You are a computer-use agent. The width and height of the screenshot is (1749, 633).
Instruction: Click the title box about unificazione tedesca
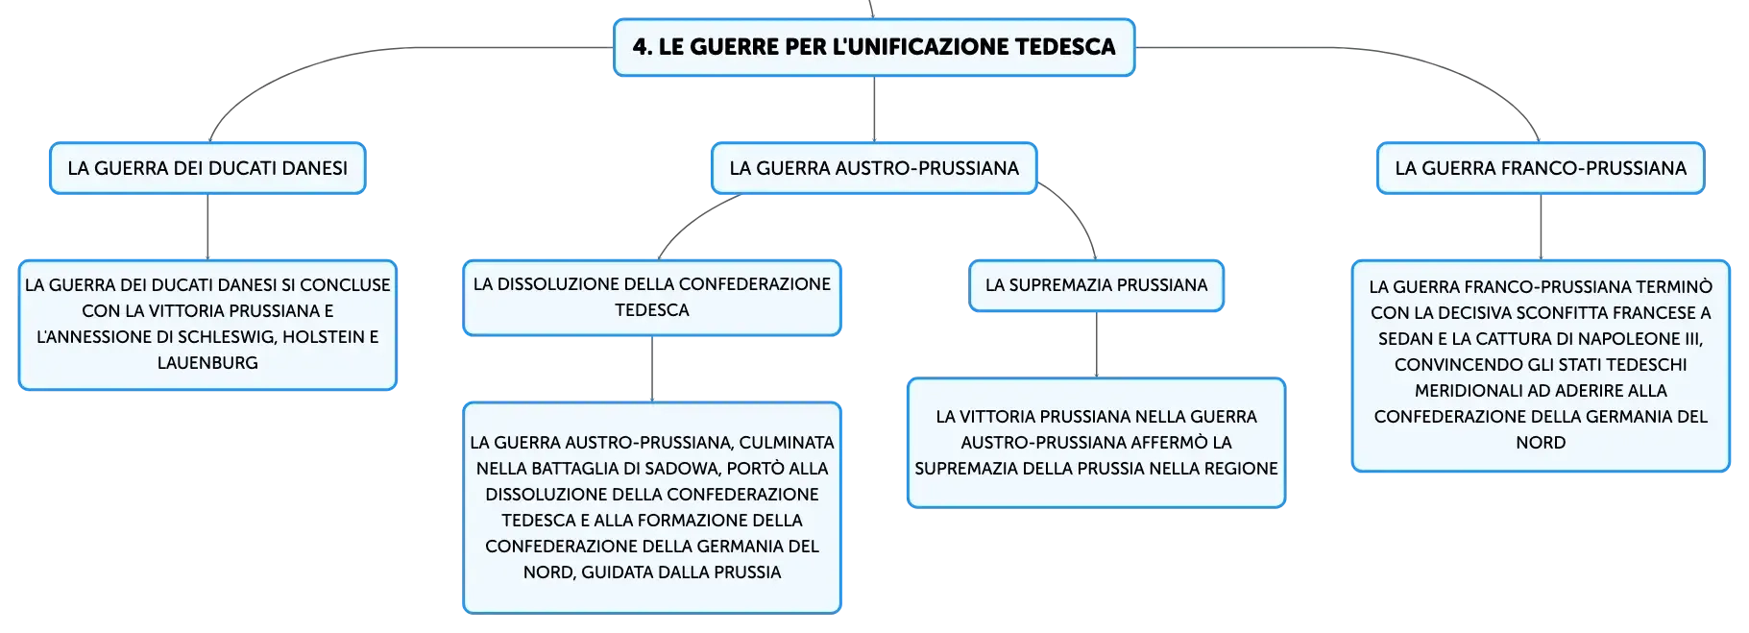click(x=874, y=47)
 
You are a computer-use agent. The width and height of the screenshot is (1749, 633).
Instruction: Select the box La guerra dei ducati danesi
click(x=207, y=168)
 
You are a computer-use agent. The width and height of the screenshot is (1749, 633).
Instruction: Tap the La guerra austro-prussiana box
click(x=874, y=168)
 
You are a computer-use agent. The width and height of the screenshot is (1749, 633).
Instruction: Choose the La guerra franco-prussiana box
click(x=1541, y=168)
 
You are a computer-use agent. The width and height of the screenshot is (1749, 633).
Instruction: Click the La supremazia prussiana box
click(x=1096, y=285)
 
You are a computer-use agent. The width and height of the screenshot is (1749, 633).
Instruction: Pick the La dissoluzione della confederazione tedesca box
click(x=652, y=298)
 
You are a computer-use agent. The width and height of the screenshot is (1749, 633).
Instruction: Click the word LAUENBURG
click(x=207, y=363)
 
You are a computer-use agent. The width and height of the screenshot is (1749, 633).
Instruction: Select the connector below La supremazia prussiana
click(x=1096, y=345)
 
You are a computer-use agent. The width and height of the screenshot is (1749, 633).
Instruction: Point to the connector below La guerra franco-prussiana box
click(x=1541, y=227)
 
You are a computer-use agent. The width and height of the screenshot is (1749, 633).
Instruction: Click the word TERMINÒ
click(x=1675, y=287)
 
